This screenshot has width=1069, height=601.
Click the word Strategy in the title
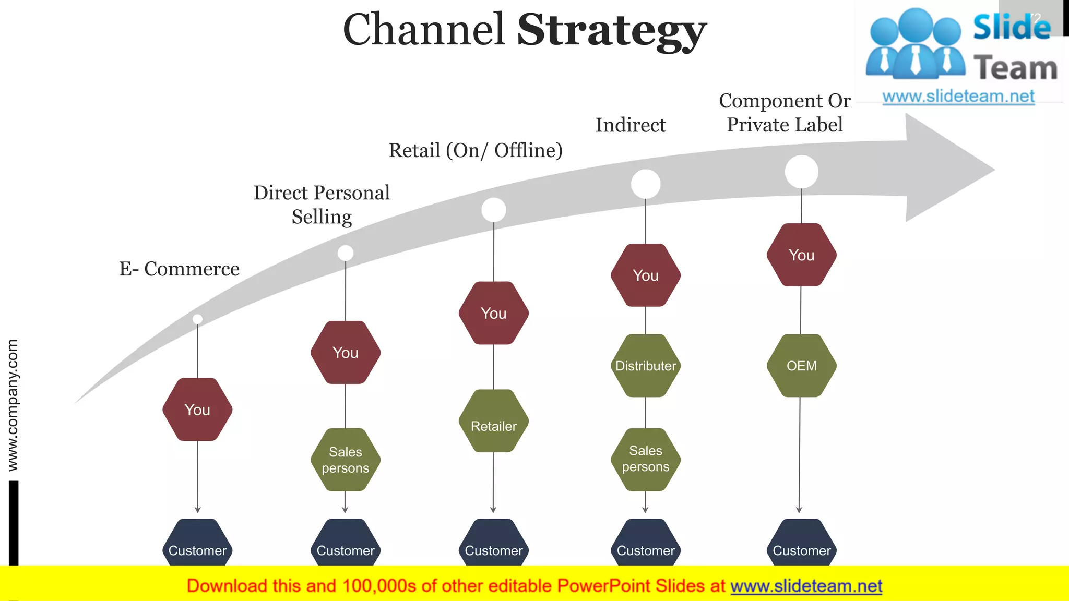611,30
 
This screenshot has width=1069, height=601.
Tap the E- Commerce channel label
179,269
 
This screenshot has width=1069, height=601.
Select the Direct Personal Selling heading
322,205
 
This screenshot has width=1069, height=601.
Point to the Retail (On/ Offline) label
476,150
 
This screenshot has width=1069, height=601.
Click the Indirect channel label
631,125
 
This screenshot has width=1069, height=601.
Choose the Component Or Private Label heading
785,113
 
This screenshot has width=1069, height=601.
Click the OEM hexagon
801,366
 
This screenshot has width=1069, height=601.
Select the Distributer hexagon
646,366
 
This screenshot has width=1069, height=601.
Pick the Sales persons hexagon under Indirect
646,459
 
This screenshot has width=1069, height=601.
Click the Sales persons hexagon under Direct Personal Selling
345,460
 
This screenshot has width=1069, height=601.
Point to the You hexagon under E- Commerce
197,410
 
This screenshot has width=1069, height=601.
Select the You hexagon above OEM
801,255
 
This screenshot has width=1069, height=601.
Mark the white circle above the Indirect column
646,184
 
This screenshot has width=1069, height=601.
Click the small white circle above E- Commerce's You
197,319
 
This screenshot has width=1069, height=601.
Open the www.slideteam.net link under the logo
958,97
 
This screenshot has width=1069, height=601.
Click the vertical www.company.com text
13,405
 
